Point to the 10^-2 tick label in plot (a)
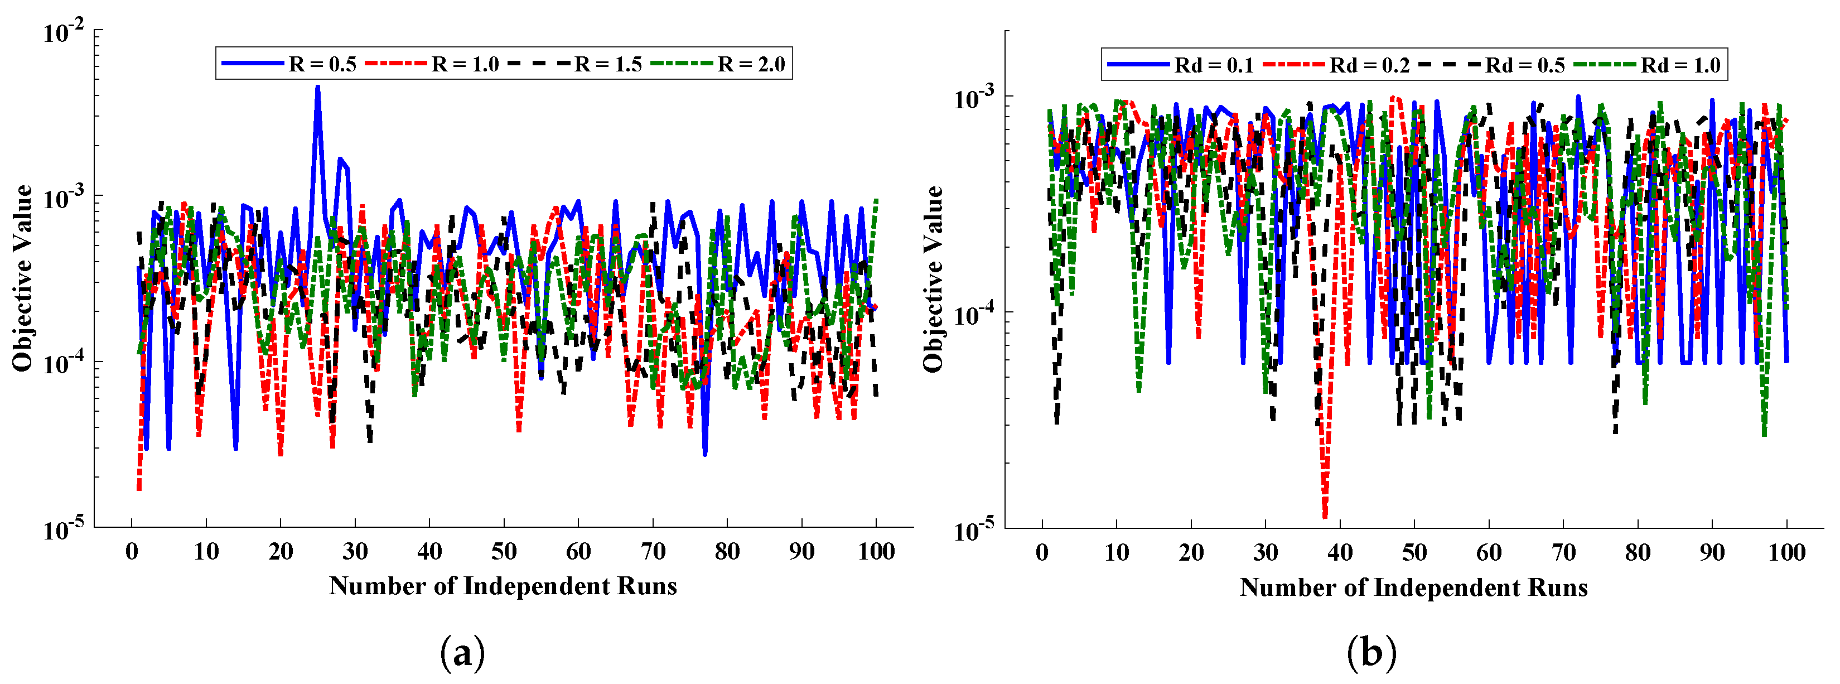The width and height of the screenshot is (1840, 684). coord(63,32)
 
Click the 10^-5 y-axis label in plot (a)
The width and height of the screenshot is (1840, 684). coord(63,529)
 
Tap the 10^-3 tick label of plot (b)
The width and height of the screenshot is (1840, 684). coord(974,98)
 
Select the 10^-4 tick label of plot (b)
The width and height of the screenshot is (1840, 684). coord(974,315)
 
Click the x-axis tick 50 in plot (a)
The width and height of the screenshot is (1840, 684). coord(504,552)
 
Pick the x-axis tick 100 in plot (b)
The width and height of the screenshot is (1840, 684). coord(1786,552)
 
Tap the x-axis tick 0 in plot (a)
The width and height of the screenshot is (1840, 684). coord(132,552)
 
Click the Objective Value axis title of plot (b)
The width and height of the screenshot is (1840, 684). coord(932,279)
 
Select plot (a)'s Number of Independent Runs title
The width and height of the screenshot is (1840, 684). coord(503,586)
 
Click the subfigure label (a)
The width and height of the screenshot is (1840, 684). coord(462,653)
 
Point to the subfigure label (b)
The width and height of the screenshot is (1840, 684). coord(1371,653)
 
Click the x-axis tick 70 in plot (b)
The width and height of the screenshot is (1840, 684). coord(1563,552)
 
